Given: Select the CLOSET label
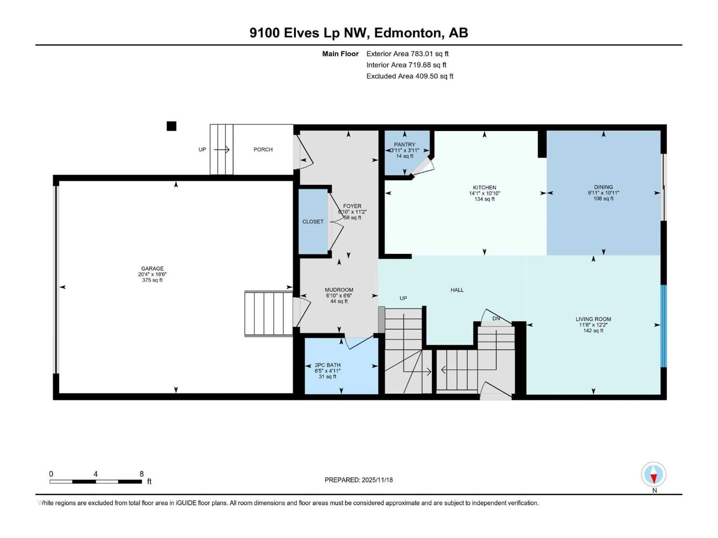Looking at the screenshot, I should [x=313, y=222].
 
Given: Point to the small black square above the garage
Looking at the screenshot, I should [x=171, y=126].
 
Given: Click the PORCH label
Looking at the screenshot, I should [x=263, y=149].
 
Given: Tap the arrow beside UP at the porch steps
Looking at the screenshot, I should [x=222, y=149].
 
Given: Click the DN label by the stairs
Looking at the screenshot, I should [x=496, y=319].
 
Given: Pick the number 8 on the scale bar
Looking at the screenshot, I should [x=142, y=474].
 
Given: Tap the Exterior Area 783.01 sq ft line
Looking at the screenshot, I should [x=407, y=54].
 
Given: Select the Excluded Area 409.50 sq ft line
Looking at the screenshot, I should [x=410, y=76].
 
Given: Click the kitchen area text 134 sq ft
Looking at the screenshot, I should [x=484, y=199].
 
